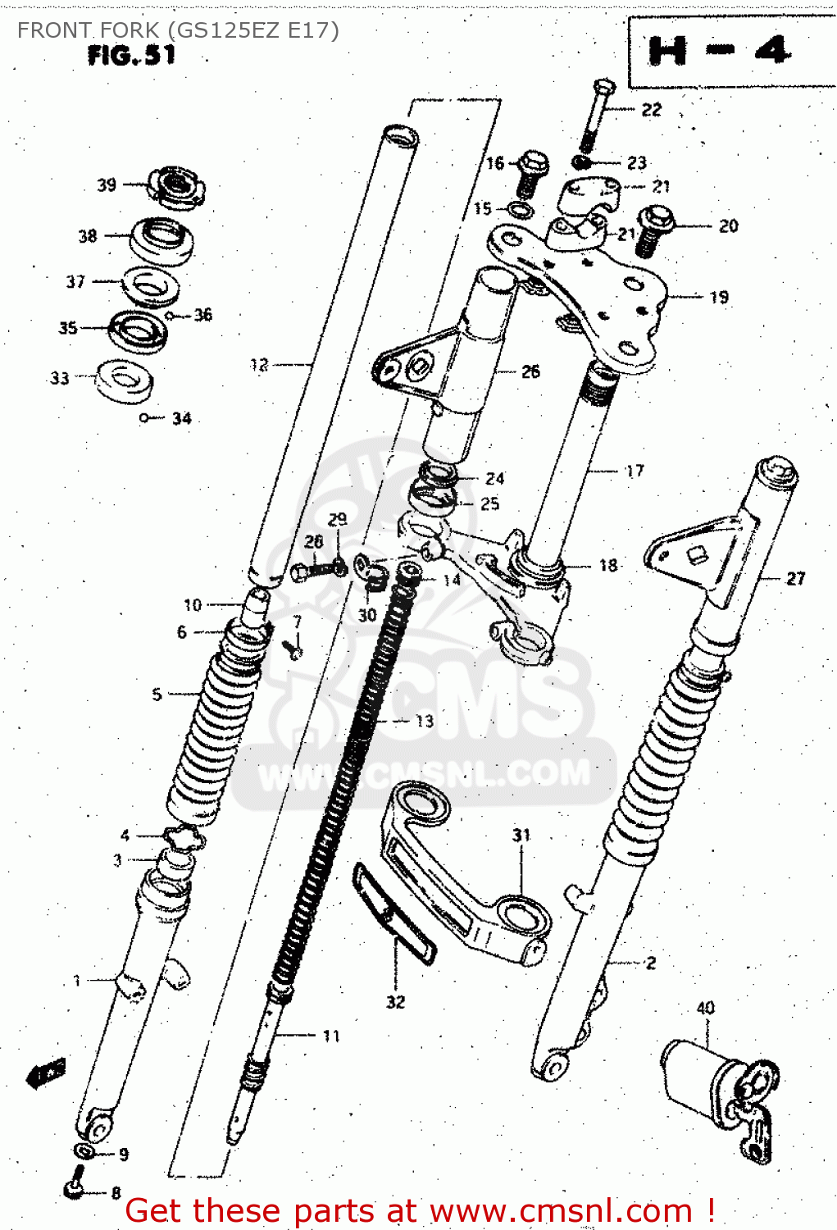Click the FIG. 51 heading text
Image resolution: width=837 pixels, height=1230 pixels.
coord(131,56)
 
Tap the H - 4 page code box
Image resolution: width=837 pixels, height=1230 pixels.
coord(720,52)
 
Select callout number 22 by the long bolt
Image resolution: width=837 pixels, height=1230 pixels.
coord(651,110)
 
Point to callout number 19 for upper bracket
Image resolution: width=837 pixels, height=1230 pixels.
coord(719,297)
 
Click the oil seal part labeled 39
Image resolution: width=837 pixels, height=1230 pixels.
coord(175,188)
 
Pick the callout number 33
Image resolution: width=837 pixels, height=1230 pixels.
coord(60,378)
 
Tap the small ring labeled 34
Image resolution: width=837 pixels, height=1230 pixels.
coord(144,418)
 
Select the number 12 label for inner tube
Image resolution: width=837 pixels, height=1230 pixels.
coord(259,365)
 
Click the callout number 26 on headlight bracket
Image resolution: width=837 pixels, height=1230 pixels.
coord(530,371)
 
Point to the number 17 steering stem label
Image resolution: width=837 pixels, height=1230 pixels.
coord(635,471)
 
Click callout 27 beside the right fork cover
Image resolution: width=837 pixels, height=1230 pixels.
coord(795,578)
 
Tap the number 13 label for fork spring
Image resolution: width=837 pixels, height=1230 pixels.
coord(424,721)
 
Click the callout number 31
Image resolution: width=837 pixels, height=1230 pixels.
coord(521,835)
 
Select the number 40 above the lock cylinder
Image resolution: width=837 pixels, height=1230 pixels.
coord(705,1008)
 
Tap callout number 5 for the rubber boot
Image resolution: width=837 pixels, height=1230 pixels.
coord(157,694)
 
